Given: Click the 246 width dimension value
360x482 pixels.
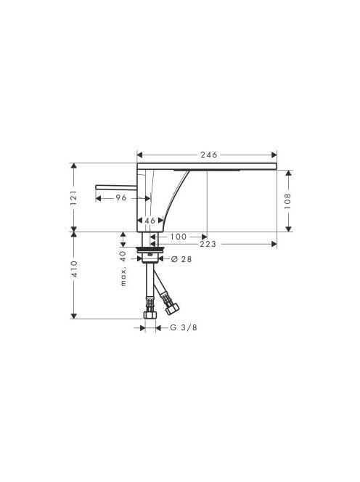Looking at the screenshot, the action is (209, 155).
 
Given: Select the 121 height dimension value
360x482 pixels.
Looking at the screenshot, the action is (74, 198).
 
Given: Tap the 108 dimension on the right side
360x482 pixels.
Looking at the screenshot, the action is (287, 201).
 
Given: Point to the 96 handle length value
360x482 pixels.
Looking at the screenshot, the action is (121, 197).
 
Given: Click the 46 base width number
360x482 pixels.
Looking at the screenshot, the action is (150, 221).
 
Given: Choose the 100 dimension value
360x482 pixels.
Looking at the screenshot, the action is (179, 237).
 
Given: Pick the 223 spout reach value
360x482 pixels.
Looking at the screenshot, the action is (208, 245).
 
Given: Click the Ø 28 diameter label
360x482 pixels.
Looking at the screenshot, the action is (181, 259).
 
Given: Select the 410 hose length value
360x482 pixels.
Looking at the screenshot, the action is (74, 269).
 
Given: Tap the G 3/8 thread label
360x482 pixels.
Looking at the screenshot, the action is (184, 327).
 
